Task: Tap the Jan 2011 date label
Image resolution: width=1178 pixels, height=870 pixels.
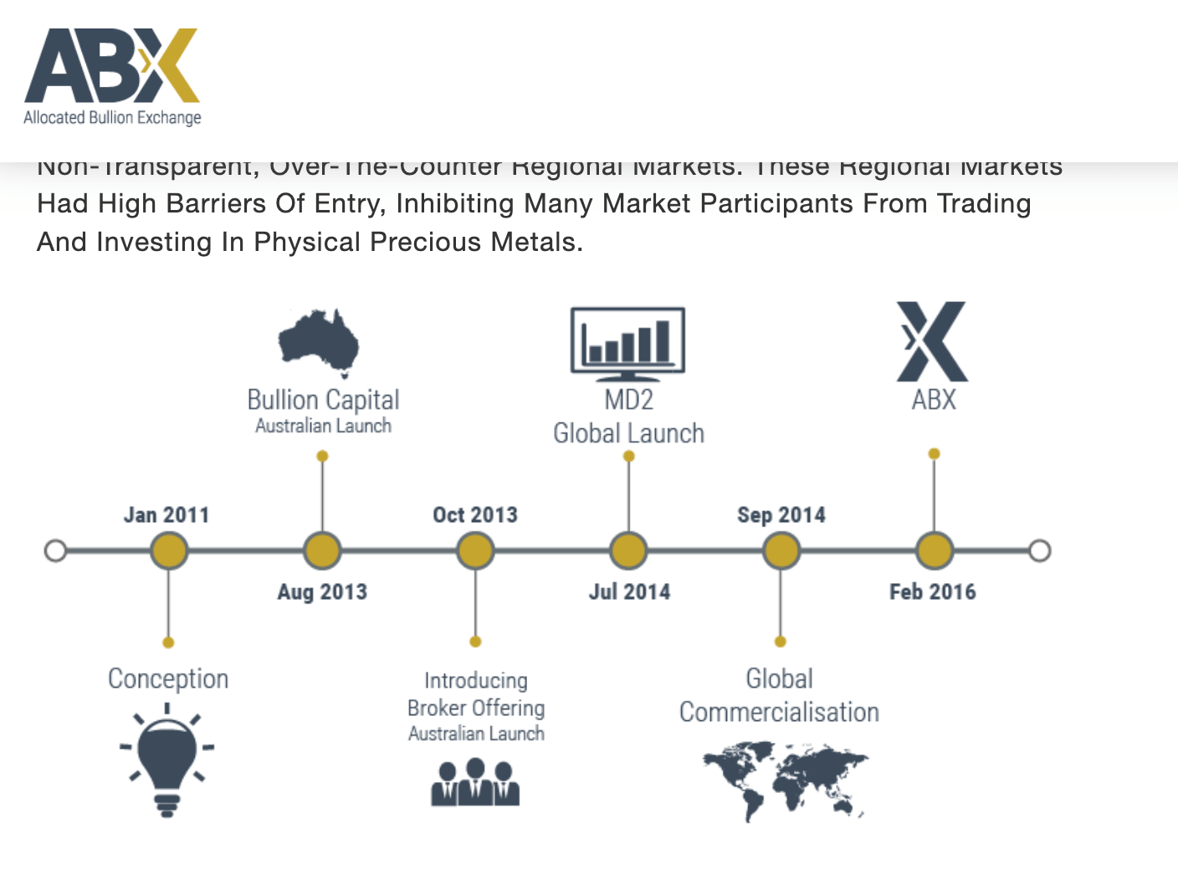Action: click(166, 514)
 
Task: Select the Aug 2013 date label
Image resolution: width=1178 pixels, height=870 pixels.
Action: click(322, 591)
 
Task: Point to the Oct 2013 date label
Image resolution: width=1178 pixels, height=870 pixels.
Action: click(475, 514)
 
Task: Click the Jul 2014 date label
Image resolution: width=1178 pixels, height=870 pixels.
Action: click(629, 591)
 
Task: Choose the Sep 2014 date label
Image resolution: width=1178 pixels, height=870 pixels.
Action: click(781, 514)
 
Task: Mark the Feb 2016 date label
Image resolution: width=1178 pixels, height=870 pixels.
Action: click(933, 591)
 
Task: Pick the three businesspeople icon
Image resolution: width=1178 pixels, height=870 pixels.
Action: click(475, 782)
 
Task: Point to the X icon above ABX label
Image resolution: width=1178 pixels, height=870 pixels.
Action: click(932, 341)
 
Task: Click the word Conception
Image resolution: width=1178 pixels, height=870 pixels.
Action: click(168, 678)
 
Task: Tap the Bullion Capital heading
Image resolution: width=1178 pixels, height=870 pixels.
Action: click(323, 400)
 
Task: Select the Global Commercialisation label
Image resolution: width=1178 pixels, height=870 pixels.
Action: click(779, 695)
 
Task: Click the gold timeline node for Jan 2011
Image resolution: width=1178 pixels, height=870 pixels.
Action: click(169, 550)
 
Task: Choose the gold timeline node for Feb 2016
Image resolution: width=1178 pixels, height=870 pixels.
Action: click(935, 550)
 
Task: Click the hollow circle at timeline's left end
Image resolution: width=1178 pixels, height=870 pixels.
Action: click(55, 550)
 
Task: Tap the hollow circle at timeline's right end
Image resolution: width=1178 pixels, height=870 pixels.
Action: click(1039, 550)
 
